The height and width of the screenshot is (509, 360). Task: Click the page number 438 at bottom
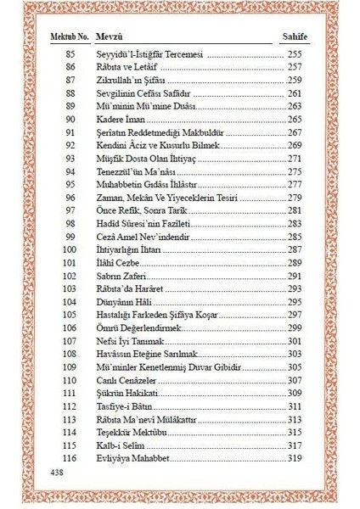coord(59,471)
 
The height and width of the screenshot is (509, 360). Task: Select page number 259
coord(295,80)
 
